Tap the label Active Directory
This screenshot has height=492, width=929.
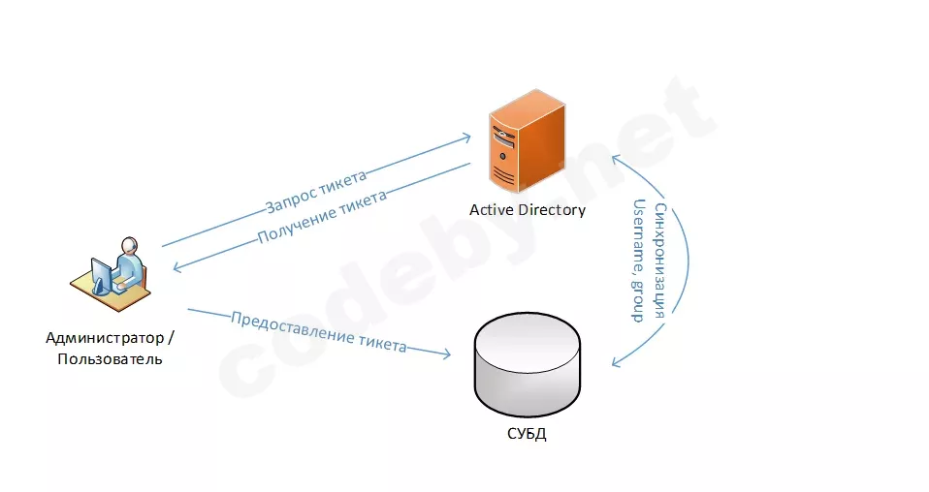(528, 210)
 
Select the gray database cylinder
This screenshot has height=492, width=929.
(528, 365)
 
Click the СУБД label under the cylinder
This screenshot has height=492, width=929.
(527, 434)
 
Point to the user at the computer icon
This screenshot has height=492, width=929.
(111, 274)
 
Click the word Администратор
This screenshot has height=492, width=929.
(105, 338)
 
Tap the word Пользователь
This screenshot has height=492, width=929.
(110, 359)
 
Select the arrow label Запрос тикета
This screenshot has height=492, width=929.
(316, 191)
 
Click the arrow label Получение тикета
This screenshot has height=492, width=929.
(322, 217)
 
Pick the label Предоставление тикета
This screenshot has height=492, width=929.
(319, 332)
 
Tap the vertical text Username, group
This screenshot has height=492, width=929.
(639, 261)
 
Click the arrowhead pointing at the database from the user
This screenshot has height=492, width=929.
(445, 354)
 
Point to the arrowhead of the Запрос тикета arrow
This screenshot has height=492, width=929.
(465, 138)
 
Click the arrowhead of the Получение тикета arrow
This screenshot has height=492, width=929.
(177, 267)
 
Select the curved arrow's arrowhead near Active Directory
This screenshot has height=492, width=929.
(617, 159)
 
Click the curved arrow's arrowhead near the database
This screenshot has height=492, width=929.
(617, 362)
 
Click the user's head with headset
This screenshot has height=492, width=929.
(129, 245)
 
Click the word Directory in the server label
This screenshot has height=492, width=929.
(552, 210)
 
